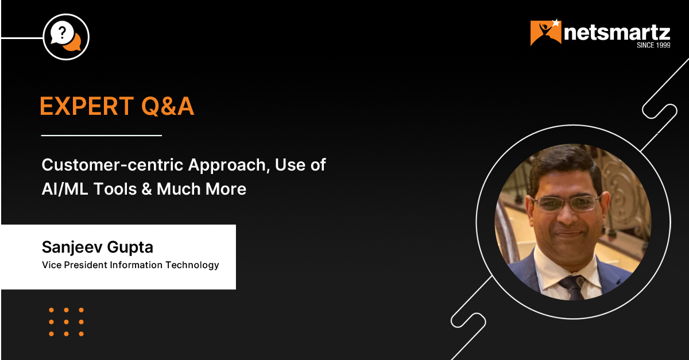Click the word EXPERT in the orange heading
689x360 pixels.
click(87, 106)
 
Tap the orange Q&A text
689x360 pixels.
click(168, 106)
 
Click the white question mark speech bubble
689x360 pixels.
click(62, 32)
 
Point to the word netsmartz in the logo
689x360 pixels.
click(617, 33)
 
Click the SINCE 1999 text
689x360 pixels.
click(653, 45)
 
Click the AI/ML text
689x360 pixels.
click(65, 189)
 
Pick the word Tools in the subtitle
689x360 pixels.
click(115, 189)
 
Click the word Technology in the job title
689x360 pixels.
click(192, 265)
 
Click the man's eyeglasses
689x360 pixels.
click(567, 204)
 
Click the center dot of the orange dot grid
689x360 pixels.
click(66, 322)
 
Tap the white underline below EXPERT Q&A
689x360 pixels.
click(102, 135)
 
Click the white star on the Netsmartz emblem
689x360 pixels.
click(556, 23)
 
